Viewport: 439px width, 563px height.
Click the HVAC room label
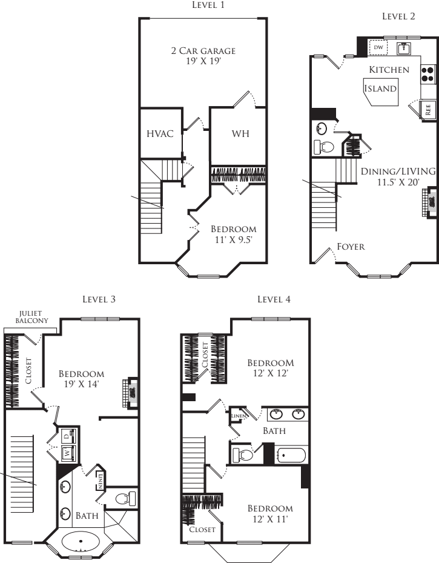[160, 134]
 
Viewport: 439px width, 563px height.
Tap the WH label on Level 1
[240, 133]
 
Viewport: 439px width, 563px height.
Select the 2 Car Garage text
[203, 51]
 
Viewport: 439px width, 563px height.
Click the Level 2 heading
[398, 16]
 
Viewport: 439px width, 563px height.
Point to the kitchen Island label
[380, 88]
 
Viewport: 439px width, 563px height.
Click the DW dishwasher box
[378, 47]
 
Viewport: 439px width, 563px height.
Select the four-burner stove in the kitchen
[427, 75]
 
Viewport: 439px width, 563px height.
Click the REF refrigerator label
[428, 110]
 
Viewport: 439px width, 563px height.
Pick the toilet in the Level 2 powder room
[324, 147]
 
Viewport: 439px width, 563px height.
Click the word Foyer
[351, 247]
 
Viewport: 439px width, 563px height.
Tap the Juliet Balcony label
[31, 317]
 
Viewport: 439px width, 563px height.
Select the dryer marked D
[68, 436]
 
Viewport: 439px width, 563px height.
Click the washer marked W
[68, 453]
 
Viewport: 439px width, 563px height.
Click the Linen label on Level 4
[239, 416]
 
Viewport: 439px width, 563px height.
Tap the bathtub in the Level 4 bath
[291, 455]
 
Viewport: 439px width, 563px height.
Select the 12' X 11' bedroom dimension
[271, 519]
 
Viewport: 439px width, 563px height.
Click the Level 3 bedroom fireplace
[131, 393]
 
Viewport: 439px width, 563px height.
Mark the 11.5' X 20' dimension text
[398, 182]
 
